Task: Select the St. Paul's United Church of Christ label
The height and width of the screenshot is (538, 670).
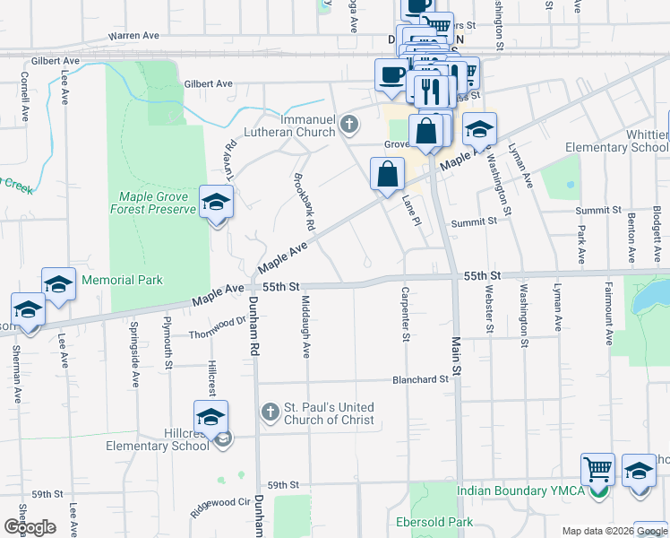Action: pos(329,413)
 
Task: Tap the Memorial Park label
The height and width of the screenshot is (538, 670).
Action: pos(122,280)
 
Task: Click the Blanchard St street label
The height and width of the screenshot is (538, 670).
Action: pos(420,379)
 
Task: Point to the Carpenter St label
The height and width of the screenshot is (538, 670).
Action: pos(406,315)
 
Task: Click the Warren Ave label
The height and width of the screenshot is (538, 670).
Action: pos(133,35)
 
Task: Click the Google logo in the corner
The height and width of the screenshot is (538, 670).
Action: pos(30,527)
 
